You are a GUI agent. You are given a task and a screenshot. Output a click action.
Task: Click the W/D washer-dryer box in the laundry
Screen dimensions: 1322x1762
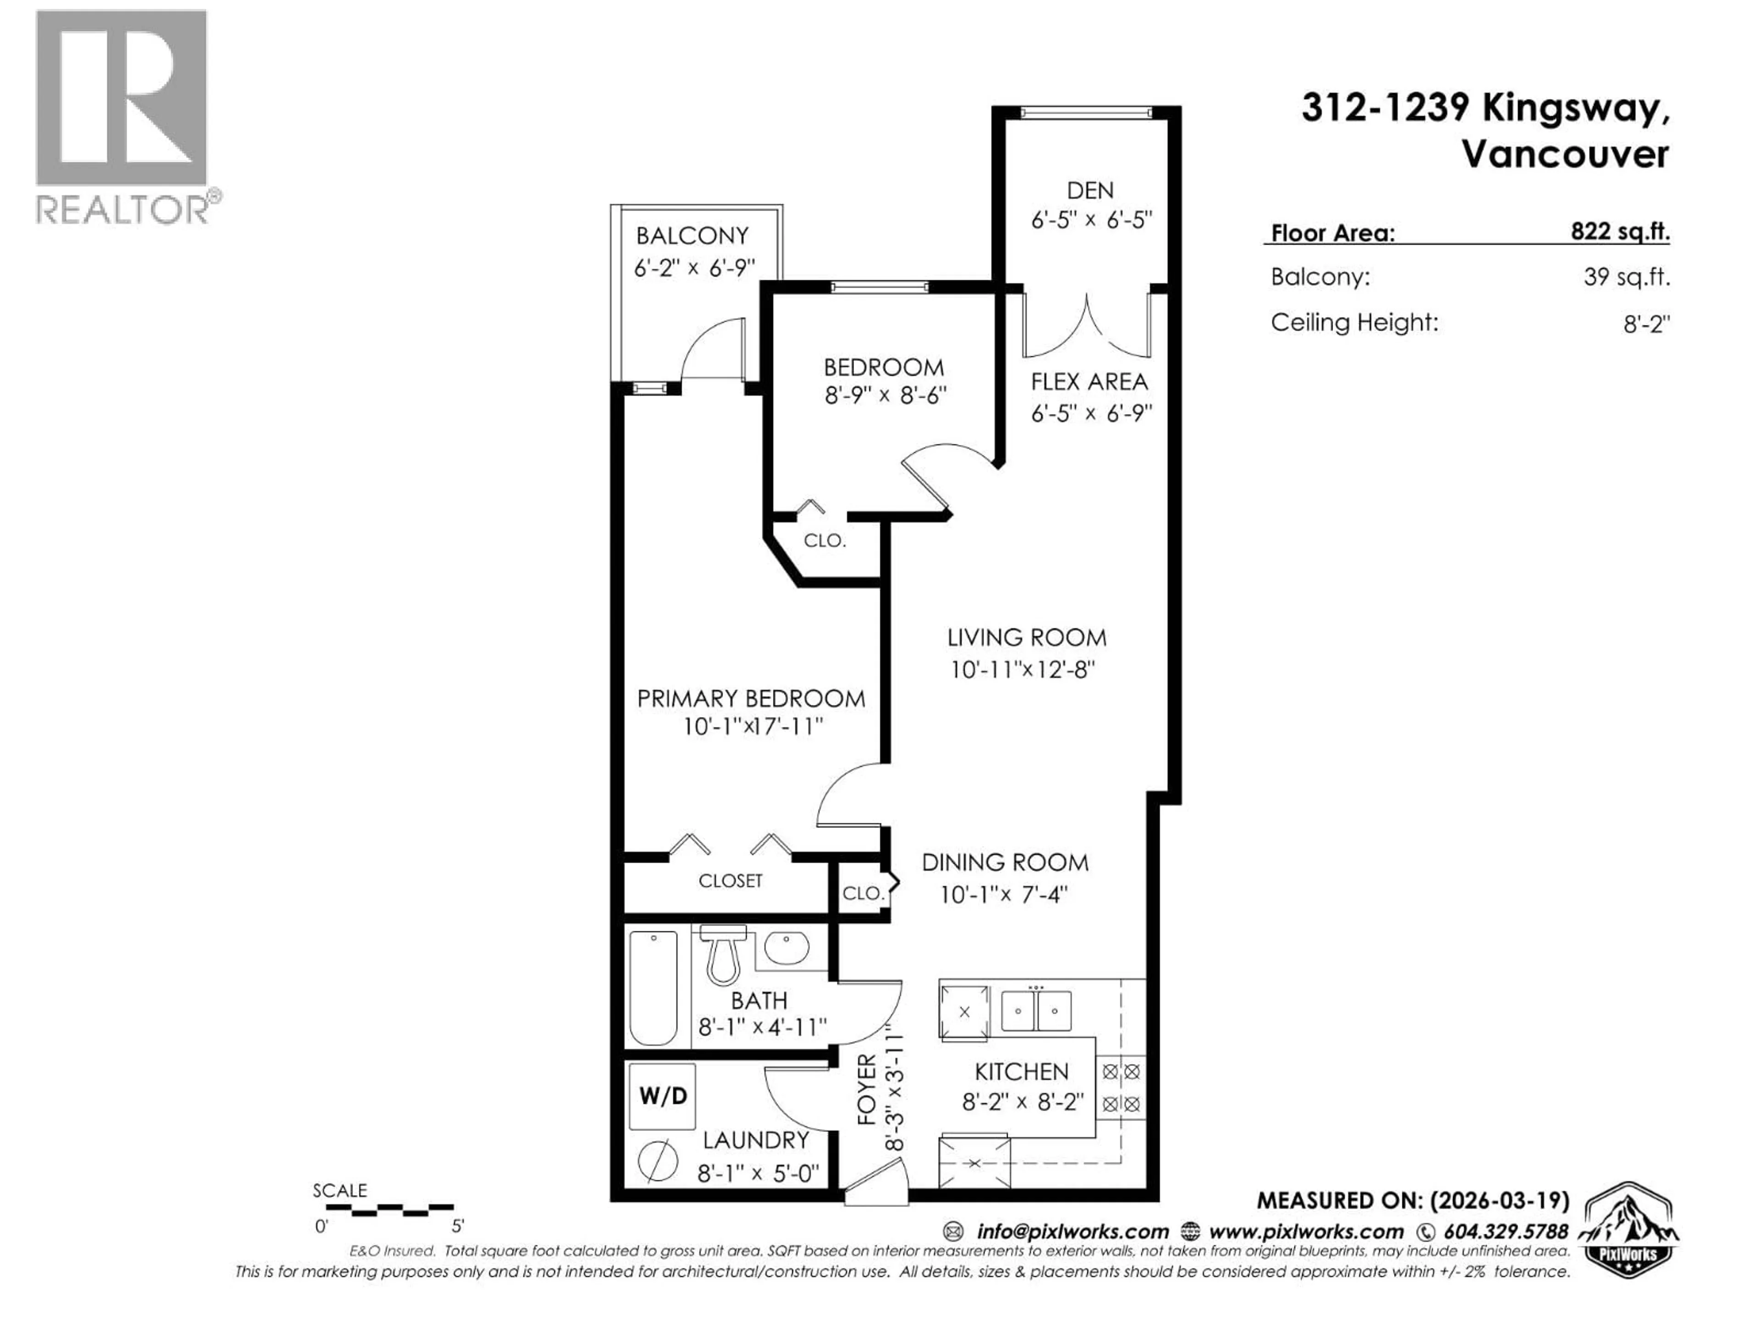tap(662, 1097)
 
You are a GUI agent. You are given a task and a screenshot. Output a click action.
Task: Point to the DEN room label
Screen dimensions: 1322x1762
tap(1090, 190)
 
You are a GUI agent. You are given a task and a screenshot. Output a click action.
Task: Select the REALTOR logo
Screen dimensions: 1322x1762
tap(123, 116)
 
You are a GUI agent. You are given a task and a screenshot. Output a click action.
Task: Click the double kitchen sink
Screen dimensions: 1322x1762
tap(1036, 1010)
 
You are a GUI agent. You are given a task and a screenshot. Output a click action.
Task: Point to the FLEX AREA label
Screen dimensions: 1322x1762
tap(1089, 382)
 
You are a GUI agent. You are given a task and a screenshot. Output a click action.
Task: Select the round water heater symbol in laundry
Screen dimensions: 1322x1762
tap(658, 1160)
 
